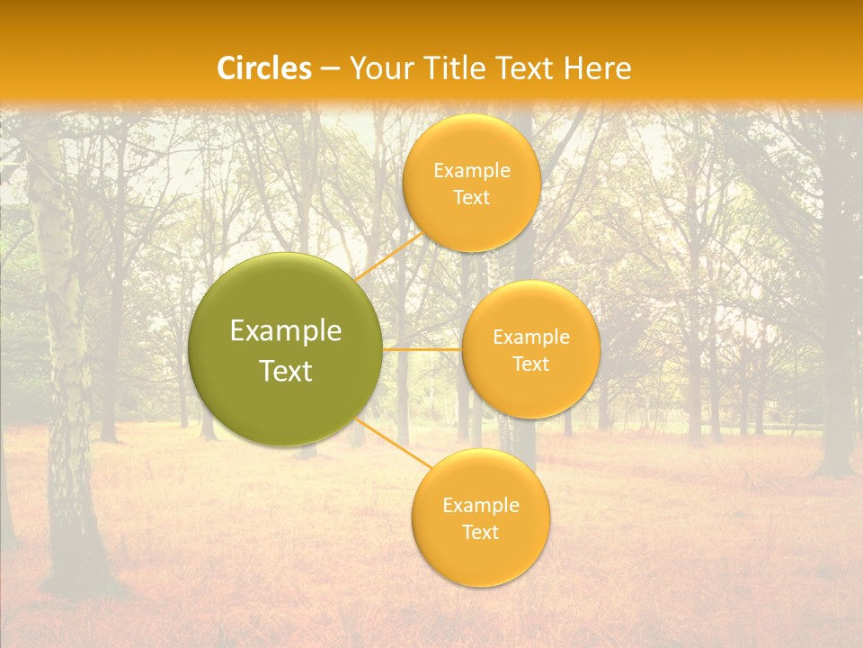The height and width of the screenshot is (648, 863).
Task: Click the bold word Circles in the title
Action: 263,68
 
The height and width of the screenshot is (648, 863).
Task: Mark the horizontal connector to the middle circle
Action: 423,349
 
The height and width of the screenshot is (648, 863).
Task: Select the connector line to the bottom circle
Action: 393,443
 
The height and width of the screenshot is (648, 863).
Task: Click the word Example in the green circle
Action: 286,331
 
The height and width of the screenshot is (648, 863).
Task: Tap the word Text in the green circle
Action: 286,371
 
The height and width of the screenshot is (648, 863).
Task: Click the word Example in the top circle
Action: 472,171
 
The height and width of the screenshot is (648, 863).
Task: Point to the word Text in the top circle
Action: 471,198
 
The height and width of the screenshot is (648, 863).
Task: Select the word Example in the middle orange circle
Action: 531,337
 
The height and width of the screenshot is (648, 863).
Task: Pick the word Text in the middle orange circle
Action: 531,364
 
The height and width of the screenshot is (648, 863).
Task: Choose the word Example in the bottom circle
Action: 481,506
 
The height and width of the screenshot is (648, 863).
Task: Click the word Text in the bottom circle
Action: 480,533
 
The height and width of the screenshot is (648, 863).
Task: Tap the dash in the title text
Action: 330,69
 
